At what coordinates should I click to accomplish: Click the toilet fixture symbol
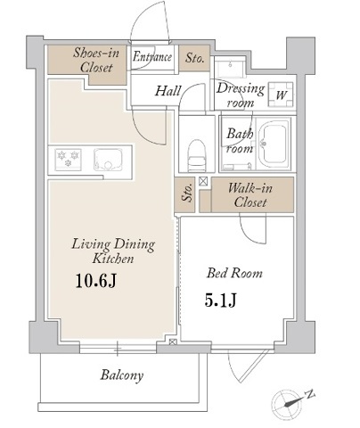(197, 155)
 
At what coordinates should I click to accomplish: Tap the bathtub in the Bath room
(273, 144)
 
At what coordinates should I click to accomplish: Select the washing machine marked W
(281, 95)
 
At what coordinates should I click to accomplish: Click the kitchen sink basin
(108, 160)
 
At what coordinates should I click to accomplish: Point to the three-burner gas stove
(68, 160)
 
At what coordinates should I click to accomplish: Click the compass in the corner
(286, 404)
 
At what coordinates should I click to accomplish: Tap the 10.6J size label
(95, 281)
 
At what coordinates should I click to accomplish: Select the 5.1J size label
(220, 300)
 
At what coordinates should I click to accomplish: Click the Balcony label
(122, 375)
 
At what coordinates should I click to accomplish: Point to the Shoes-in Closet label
(96, 61)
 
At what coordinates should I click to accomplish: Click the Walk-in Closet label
(250, 195)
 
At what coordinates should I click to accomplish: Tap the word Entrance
(152, 56)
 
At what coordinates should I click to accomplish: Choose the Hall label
(168, 91)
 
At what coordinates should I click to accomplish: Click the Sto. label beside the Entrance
(194, 58)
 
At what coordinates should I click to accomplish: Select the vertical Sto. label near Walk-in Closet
(186, 193)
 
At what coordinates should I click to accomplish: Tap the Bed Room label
(234, 273)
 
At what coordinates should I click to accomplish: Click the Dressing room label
(241, 95)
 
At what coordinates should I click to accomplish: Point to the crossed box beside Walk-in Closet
(203, 181)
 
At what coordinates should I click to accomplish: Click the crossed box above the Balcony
(172, 342)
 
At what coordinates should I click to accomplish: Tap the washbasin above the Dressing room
(230, 68)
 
